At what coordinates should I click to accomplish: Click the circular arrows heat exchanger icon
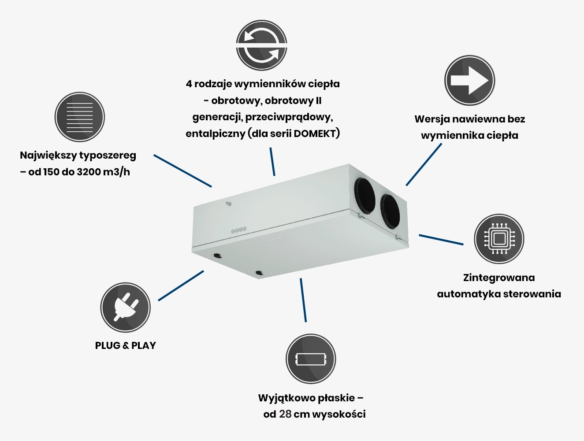[x=261, y=45]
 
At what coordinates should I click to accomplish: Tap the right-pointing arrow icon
[x=469, y=80]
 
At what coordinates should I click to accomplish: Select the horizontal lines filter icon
[x=79, y=117]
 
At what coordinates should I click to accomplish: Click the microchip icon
[x=499, y=239]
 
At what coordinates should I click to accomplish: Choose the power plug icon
[x=125, y=308]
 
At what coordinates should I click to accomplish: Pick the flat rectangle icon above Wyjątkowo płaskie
[x=311, y=359]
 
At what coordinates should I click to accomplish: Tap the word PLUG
[x=108, y=345]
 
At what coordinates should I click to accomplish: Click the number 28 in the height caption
[x=285, y=414]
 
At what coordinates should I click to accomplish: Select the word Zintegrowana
[x=499, y=278]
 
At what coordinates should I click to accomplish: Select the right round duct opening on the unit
[x=390, y=211]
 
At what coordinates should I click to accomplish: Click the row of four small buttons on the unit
[x=238, y=230]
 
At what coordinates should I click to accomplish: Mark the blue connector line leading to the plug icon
[x=181, y=286]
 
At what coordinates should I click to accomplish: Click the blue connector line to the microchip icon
[x=441, y=240]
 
